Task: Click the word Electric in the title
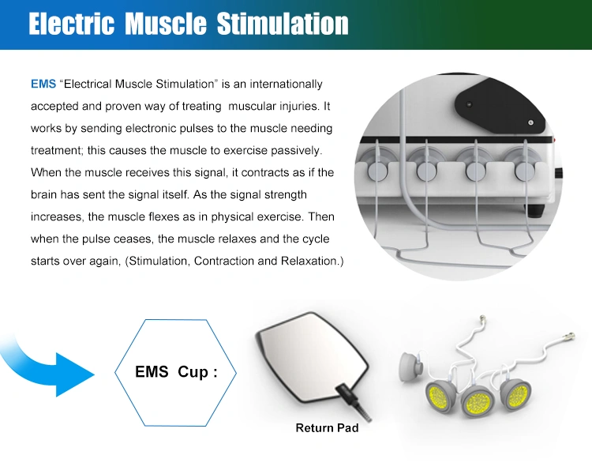pyautogui.click(x=71, y=24)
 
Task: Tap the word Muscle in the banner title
pyautogui.click(x=166, y=24)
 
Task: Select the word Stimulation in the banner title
pyautogui.click(x=283, y=24)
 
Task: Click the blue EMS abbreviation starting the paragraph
pyautogui.click(x=43, y=84)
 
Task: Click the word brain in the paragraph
pyautogui.click(x=43, y=194)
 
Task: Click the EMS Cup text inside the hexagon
pyautogui.click(x=176, y=372)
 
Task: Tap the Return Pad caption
pyautogui.click(x=327, y=428)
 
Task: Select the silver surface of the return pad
pyautogui.click(x=312, y=357)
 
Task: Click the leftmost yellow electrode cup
pyautogui.click(x=440, y=397)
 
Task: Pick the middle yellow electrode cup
pyautogui.click(x=478, y=401)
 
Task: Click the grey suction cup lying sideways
pyautogui.click(x=411, y=367)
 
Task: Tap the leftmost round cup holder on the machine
pyautogui.click(x=377, y=171)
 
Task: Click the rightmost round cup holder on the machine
pyautogui.click(x=525, y=171)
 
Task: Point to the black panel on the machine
pyautogui.click(x=498, y=105)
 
